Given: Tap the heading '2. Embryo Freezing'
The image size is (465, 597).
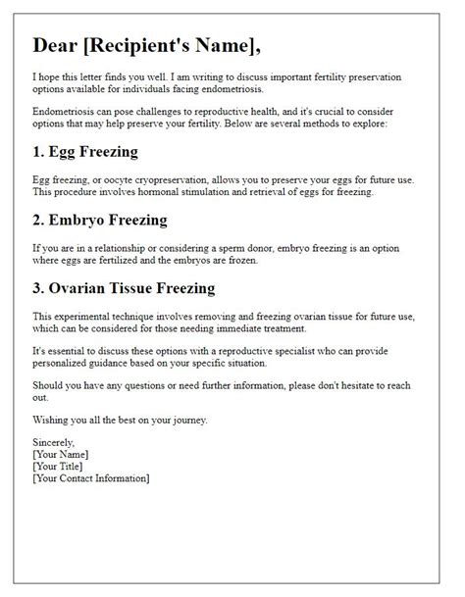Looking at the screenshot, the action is coord(101,220).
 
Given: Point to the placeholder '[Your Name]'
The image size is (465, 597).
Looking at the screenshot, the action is coord(61,454).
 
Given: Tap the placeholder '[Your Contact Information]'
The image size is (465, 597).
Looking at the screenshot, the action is coord(91,477).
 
